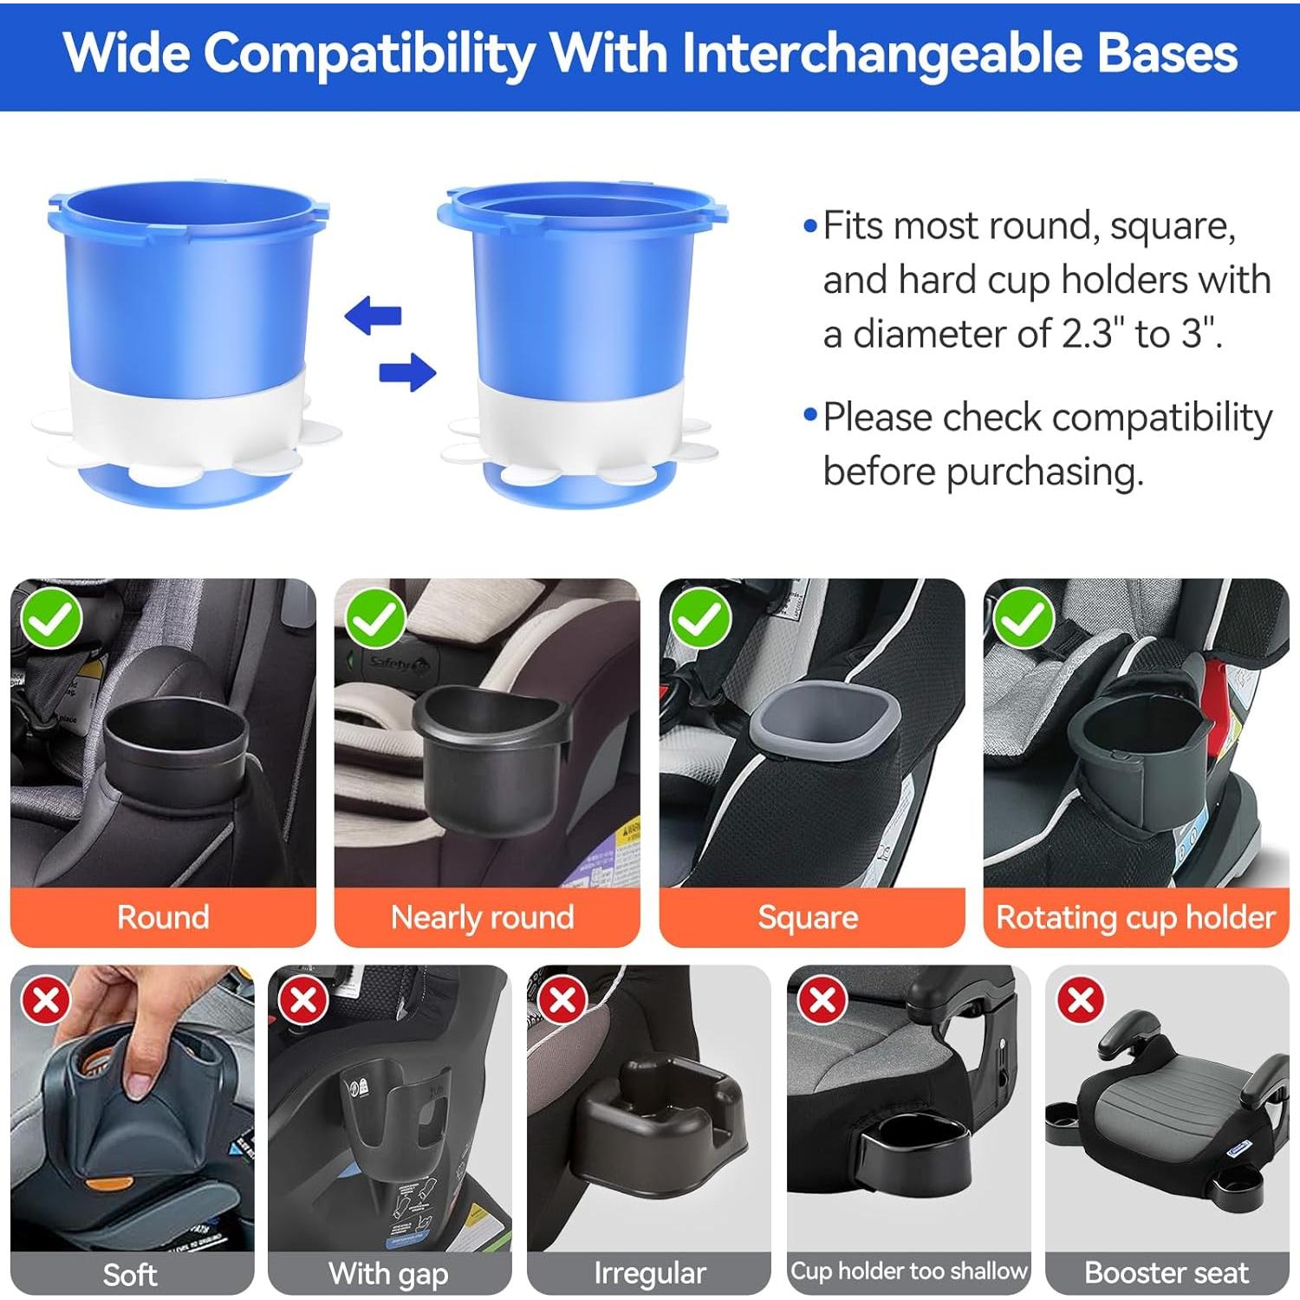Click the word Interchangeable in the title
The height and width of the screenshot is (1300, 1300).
point(881,54)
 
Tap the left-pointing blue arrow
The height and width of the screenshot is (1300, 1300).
point(374,316)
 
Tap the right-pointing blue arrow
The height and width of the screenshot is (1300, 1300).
point(407,372)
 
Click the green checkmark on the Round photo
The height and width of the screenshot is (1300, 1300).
point(51,619)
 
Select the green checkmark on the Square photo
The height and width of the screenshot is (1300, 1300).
point(700,619)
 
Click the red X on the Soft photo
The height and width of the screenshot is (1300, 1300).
point(46,1001)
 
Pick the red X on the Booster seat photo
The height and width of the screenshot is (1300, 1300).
point(1081,1001)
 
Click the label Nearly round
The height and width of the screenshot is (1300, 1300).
point(483,917)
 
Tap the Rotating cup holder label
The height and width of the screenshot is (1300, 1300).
point(1135,917)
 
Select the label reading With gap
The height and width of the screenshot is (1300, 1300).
point(388,1273)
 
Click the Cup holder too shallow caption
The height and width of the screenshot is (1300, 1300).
point(908,1271)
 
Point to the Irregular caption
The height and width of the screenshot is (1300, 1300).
point(649,1273)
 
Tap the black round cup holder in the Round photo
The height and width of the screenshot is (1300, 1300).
point(176,745)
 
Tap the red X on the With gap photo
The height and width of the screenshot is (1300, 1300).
point(302,1001)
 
